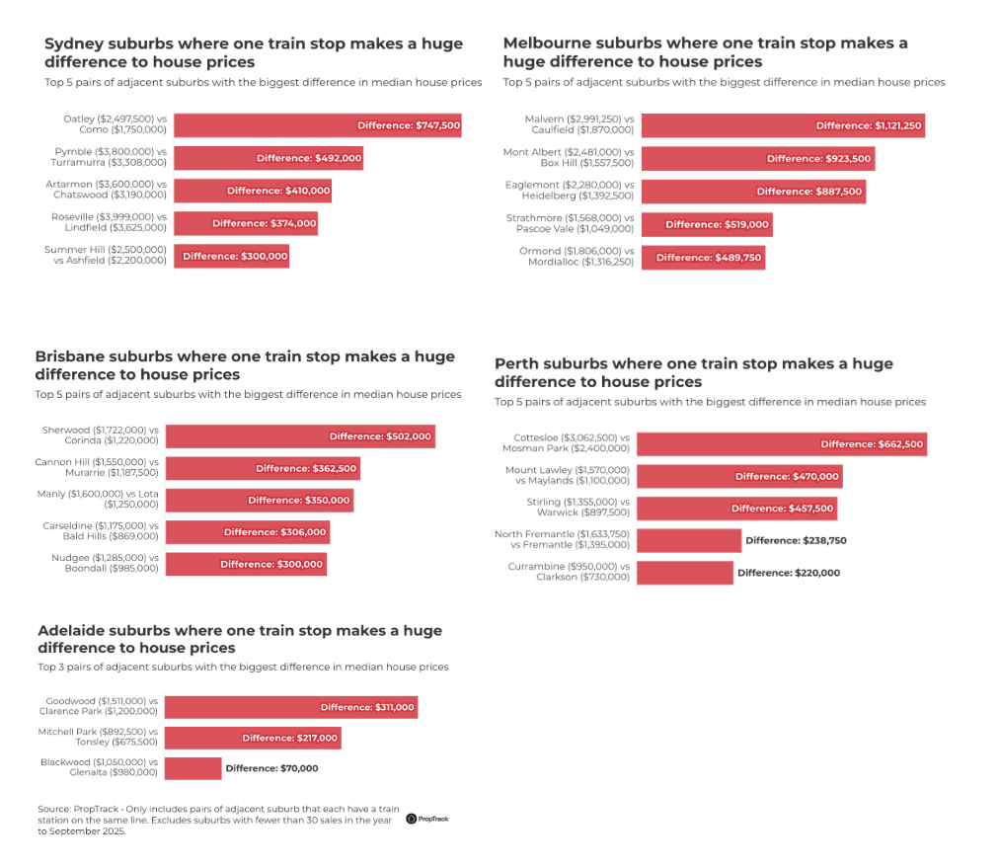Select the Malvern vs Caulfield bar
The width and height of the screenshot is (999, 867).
tap(783, 125)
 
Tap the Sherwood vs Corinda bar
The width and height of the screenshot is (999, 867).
tap(304, 436)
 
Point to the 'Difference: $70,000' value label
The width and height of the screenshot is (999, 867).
tap(271, 767)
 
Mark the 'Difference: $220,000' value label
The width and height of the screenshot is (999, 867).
tap(789, 573)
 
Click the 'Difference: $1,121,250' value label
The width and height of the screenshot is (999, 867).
tap(869, 125)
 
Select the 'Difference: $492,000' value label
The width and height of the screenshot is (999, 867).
tap(309, 158)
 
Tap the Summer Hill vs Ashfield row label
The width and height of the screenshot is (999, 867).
tap(106, 256)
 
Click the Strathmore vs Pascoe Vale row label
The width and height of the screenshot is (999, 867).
tap(576, 224)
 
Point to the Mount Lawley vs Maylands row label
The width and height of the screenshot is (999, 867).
tap(568, 476)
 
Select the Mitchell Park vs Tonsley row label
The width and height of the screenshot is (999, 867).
tap(100, 738)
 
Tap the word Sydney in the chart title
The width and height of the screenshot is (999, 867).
tap(78, 43)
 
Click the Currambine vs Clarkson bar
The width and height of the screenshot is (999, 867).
tap(685, 573)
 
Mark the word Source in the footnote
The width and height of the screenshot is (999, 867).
tap(54, 809)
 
